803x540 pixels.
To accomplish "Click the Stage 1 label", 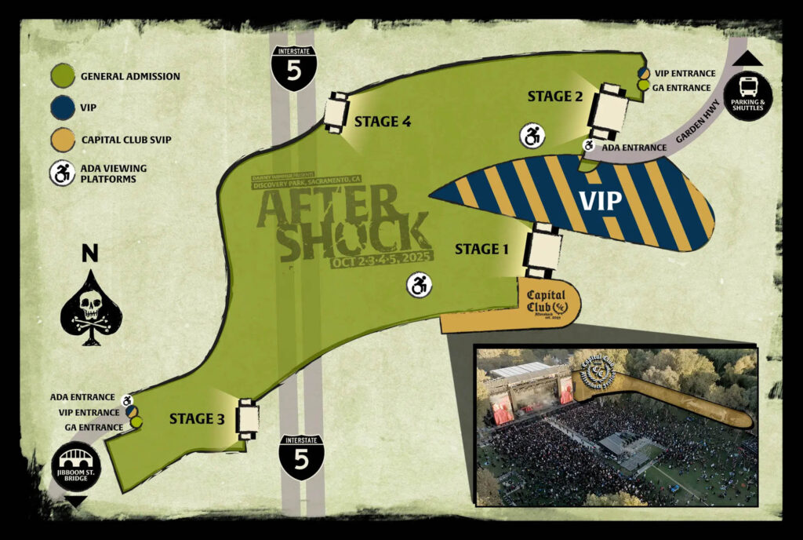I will click(x=482, y=250).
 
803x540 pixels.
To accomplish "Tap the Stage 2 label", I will click(x=554, y=97).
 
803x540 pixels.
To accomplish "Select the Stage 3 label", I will click(x=197, y=419).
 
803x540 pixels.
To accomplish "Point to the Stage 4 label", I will click(x=383, y=122).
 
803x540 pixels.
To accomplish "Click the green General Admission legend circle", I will click(x=63, y=77).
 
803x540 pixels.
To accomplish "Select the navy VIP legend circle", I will click(x=63, y=108).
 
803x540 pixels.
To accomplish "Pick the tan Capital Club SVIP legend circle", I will click(x=63, y=140).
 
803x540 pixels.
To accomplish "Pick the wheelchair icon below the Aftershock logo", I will click(x=419, y=286).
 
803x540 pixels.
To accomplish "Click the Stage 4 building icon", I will click(x=336, y=113).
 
